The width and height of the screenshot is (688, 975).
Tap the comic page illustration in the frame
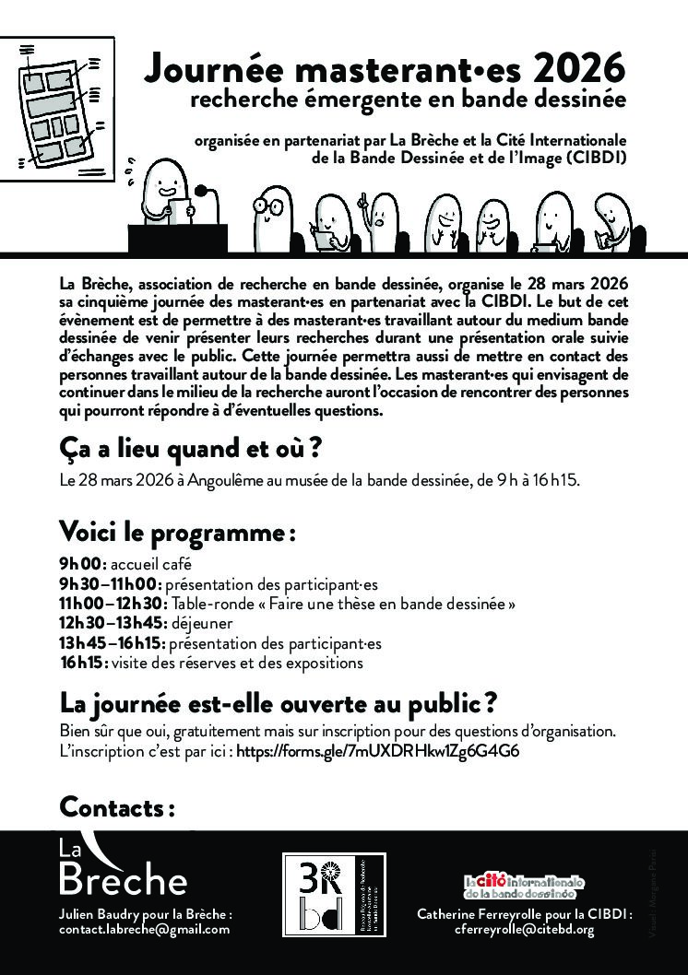[57, 110]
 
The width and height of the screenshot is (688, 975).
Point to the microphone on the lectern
[204, 193]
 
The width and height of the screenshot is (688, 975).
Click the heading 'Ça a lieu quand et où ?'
[189, 449]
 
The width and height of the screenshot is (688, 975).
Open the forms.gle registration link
[378, 751]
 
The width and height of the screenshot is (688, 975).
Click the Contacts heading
[117, 807]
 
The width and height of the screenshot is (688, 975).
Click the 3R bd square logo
[333, 896]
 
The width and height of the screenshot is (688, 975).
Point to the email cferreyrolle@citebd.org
[524, 930]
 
